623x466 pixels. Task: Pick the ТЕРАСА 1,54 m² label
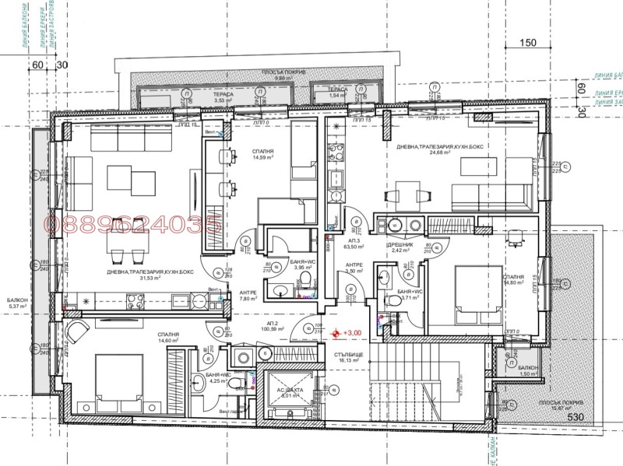[336, 93]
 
